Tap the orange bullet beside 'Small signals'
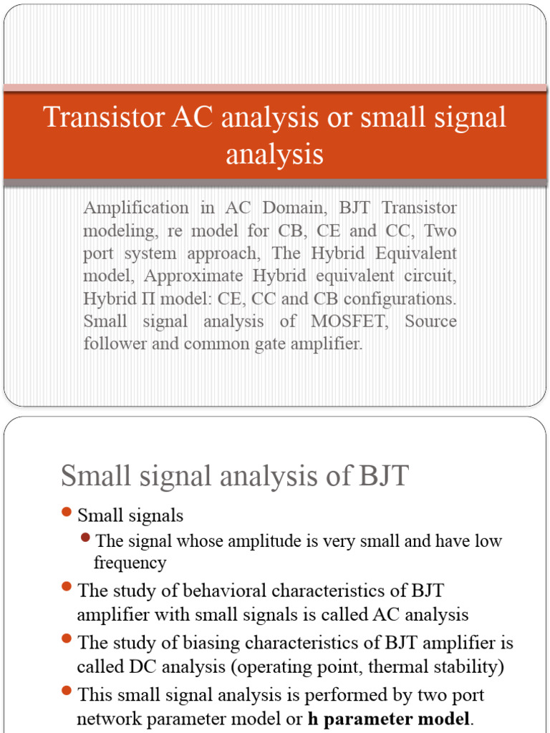click(67, 512)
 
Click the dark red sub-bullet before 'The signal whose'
click(87, 538)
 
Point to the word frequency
click(130, 563)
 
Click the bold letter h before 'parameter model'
click(313, 719)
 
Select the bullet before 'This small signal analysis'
click(67, 691)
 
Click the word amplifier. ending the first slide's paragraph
click(325, 344)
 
